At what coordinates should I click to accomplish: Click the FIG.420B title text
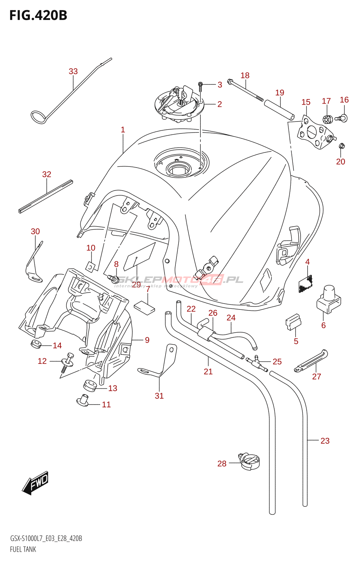38,15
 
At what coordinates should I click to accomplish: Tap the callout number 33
73,71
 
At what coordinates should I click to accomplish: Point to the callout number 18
245,76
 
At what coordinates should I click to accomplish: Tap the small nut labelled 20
341,146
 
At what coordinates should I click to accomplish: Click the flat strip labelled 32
46,196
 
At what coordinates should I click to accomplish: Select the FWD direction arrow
36,483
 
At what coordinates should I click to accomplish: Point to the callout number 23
325,441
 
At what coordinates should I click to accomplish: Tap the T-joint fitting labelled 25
257,364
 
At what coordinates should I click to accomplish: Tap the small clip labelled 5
293,322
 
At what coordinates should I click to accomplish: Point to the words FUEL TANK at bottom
23,549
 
